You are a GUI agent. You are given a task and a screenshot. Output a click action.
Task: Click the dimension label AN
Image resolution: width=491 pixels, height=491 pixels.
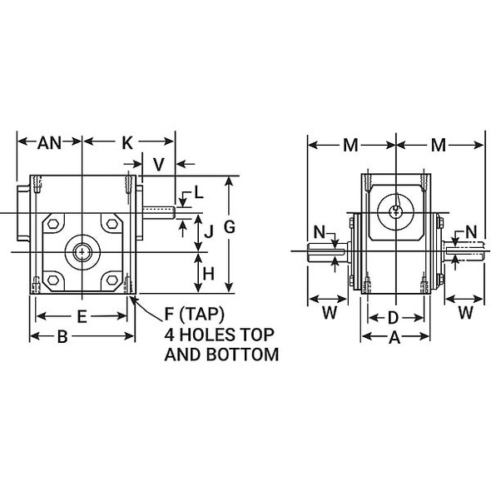coord(49,142)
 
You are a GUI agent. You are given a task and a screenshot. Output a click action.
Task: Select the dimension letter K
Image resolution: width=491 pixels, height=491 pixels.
coord(126,142)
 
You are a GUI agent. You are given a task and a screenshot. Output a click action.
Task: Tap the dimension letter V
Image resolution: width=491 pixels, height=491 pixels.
coord(158,164)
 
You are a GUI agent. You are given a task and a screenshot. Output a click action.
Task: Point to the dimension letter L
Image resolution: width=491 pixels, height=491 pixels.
coord(197,193)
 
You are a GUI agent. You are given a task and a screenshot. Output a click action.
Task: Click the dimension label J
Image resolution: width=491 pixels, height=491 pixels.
coord(209,232)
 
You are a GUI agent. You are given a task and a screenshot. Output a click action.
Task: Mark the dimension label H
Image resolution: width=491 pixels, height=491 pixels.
coord(209,272)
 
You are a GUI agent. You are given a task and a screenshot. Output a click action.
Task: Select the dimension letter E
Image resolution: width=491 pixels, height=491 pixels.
coord(82,316)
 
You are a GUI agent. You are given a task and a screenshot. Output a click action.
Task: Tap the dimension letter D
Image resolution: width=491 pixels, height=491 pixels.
coord(394,317)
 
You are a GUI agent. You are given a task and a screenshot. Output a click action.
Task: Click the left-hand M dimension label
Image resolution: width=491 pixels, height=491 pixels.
coord(350,146)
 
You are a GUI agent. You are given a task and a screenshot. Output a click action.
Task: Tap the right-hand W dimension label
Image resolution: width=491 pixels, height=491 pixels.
coord(465,313)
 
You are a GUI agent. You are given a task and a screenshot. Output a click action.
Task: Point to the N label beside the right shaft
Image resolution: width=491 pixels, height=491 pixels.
coord(471,231)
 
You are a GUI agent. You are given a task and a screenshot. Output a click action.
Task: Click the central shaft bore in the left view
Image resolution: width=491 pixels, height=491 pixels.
coord(82,250)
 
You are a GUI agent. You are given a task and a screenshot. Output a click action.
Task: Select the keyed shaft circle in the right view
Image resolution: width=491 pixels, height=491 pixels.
coord(394,211)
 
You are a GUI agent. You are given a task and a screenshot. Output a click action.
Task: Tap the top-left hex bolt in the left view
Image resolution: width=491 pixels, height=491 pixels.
coord(53,223)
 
